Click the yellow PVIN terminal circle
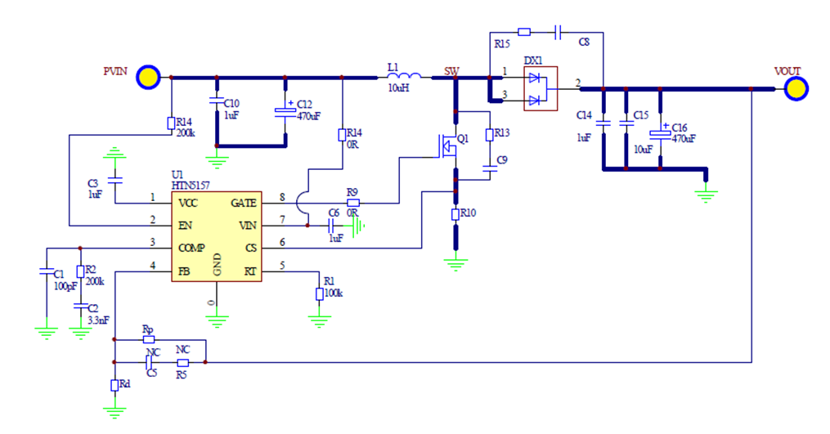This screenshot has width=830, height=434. click(x=148, y=77)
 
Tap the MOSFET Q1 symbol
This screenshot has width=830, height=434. click(x=449, y=145)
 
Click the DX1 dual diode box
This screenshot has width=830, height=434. click(x=540, y=88)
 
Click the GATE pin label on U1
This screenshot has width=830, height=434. click(x=244, y=203)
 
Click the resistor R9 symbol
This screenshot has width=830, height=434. click(x=352, y=203)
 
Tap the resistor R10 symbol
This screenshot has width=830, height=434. click(x=456, y=214)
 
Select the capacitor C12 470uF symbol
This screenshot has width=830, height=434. click(x=285, y=110)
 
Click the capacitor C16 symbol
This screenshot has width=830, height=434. click(x=660, y=133)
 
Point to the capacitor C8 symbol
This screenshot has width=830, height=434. click(x=557, y=32)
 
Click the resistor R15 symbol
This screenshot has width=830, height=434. click(x=524, y=32)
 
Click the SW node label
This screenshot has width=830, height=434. click(x=451, y=69)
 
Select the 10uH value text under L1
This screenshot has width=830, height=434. click(x=398, y=88)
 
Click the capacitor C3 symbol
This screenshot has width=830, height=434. click(x=115, y=176)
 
